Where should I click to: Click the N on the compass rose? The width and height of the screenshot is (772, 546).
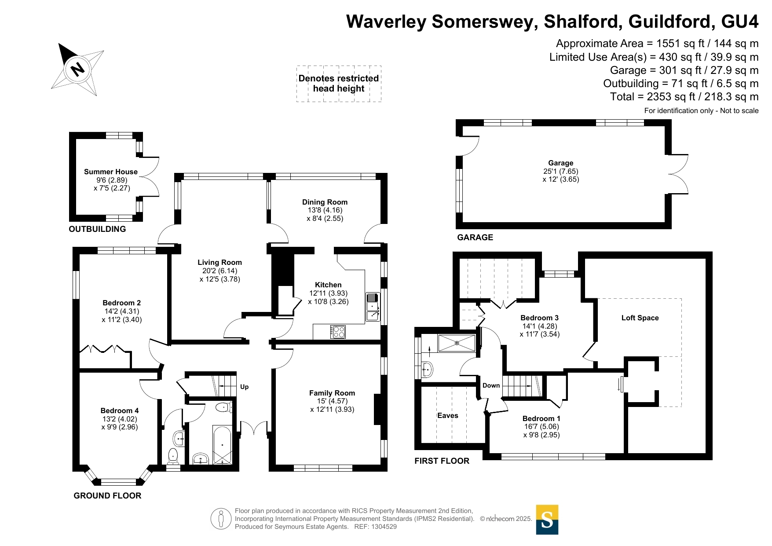click(x=78, y=69)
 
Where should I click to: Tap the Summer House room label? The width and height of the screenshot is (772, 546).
click(x=111, y=172)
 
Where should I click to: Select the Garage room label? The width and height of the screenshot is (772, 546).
click(x=560, y=163)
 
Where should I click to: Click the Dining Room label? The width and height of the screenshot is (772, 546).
click(x=325, y=202)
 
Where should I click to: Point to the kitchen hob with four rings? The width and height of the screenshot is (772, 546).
click(x=338, y=331)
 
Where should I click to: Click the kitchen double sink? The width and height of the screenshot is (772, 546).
click(x=373, y=307)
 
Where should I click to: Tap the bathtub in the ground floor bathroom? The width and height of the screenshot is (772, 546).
click(x=222, y=445)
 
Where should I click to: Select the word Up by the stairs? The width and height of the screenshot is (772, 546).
click(x=244, y=387)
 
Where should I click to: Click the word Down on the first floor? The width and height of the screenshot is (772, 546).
click(x=491, y=385)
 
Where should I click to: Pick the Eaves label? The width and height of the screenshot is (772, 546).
click(x=448, y=415)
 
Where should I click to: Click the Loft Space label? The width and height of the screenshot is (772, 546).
click(x=640, y=318)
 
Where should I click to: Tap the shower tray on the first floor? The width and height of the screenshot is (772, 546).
click(x=457, y=343)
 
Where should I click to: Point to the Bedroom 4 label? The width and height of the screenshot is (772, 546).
click(x=120, y=410)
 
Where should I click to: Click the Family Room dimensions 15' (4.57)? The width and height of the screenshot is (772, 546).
click(x=332, y=401)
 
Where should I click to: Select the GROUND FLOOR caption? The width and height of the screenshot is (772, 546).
click(x=107, y=495)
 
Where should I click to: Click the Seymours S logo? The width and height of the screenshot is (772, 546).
click(x=547, y=520)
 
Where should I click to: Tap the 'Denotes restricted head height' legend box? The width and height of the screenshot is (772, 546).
click(x=339, y=84)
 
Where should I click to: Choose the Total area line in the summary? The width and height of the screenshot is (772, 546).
click(x=684, y=97)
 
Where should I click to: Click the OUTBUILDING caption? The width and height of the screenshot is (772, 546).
click(x=97, y=229)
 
